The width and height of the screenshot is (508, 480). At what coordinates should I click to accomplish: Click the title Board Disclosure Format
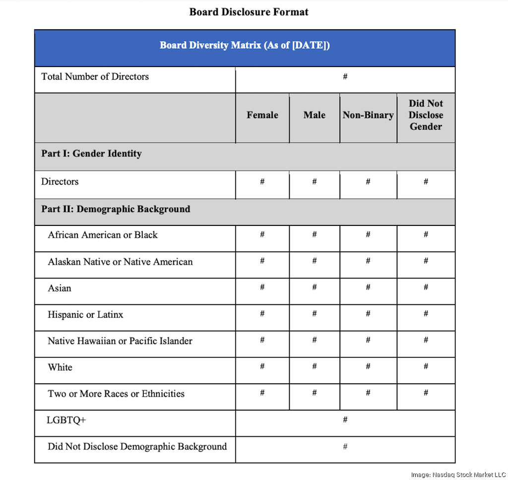click(249, 12)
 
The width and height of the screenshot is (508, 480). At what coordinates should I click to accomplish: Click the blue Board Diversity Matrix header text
click(245, 46)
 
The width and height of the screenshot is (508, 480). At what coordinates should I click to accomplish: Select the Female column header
click(262, 115)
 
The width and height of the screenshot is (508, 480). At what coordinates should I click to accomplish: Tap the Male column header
click(315, 115)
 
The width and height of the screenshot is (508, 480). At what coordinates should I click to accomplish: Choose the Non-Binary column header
click(368, 115)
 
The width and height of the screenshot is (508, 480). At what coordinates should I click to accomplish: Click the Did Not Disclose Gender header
click(426, 115)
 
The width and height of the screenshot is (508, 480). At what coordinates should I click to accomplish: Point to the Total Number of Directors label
click(95, 77)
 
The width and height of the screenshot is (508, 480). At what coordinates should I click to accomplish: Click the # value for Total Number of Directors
click(345, 77)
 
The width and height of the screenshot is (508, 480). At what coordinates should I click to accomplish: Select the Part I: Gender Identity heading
click(91, 154)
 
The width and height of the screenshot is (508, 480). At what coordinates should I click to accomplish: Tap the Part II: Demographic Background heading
click(116, 209)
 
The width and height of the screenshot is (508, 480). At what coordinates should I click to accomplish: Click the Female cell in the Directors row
click(262, 182)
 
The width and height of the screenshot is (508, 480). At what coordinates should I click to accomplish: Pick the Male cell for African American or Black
click(315, 235)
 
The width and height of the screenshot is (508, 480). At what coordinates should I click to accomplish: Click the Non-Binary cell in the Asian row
click(368, 288)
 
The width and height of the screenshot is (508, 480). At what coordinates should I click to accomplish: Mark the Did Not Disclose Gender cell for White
click(426, 367)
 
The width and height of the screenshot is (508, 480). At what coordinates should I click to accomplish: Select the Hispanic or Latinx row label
click(85, 315)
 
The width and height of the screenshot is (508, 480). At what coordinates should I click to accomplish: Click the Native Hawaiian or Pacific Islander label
click(120, 341)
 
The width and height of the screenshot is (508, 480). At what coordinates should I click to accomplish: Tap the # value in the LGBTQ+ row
click(345, 420)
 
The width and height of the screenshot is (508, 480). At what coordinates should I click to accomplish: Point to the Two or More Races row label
click(116, 394)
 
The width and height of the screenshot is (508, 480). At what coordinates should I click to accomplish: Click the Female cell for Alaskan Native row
click(262, 261)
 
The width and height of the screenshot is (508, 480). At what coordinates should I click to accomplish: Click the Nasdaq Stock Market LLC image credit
click(457, 475)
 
